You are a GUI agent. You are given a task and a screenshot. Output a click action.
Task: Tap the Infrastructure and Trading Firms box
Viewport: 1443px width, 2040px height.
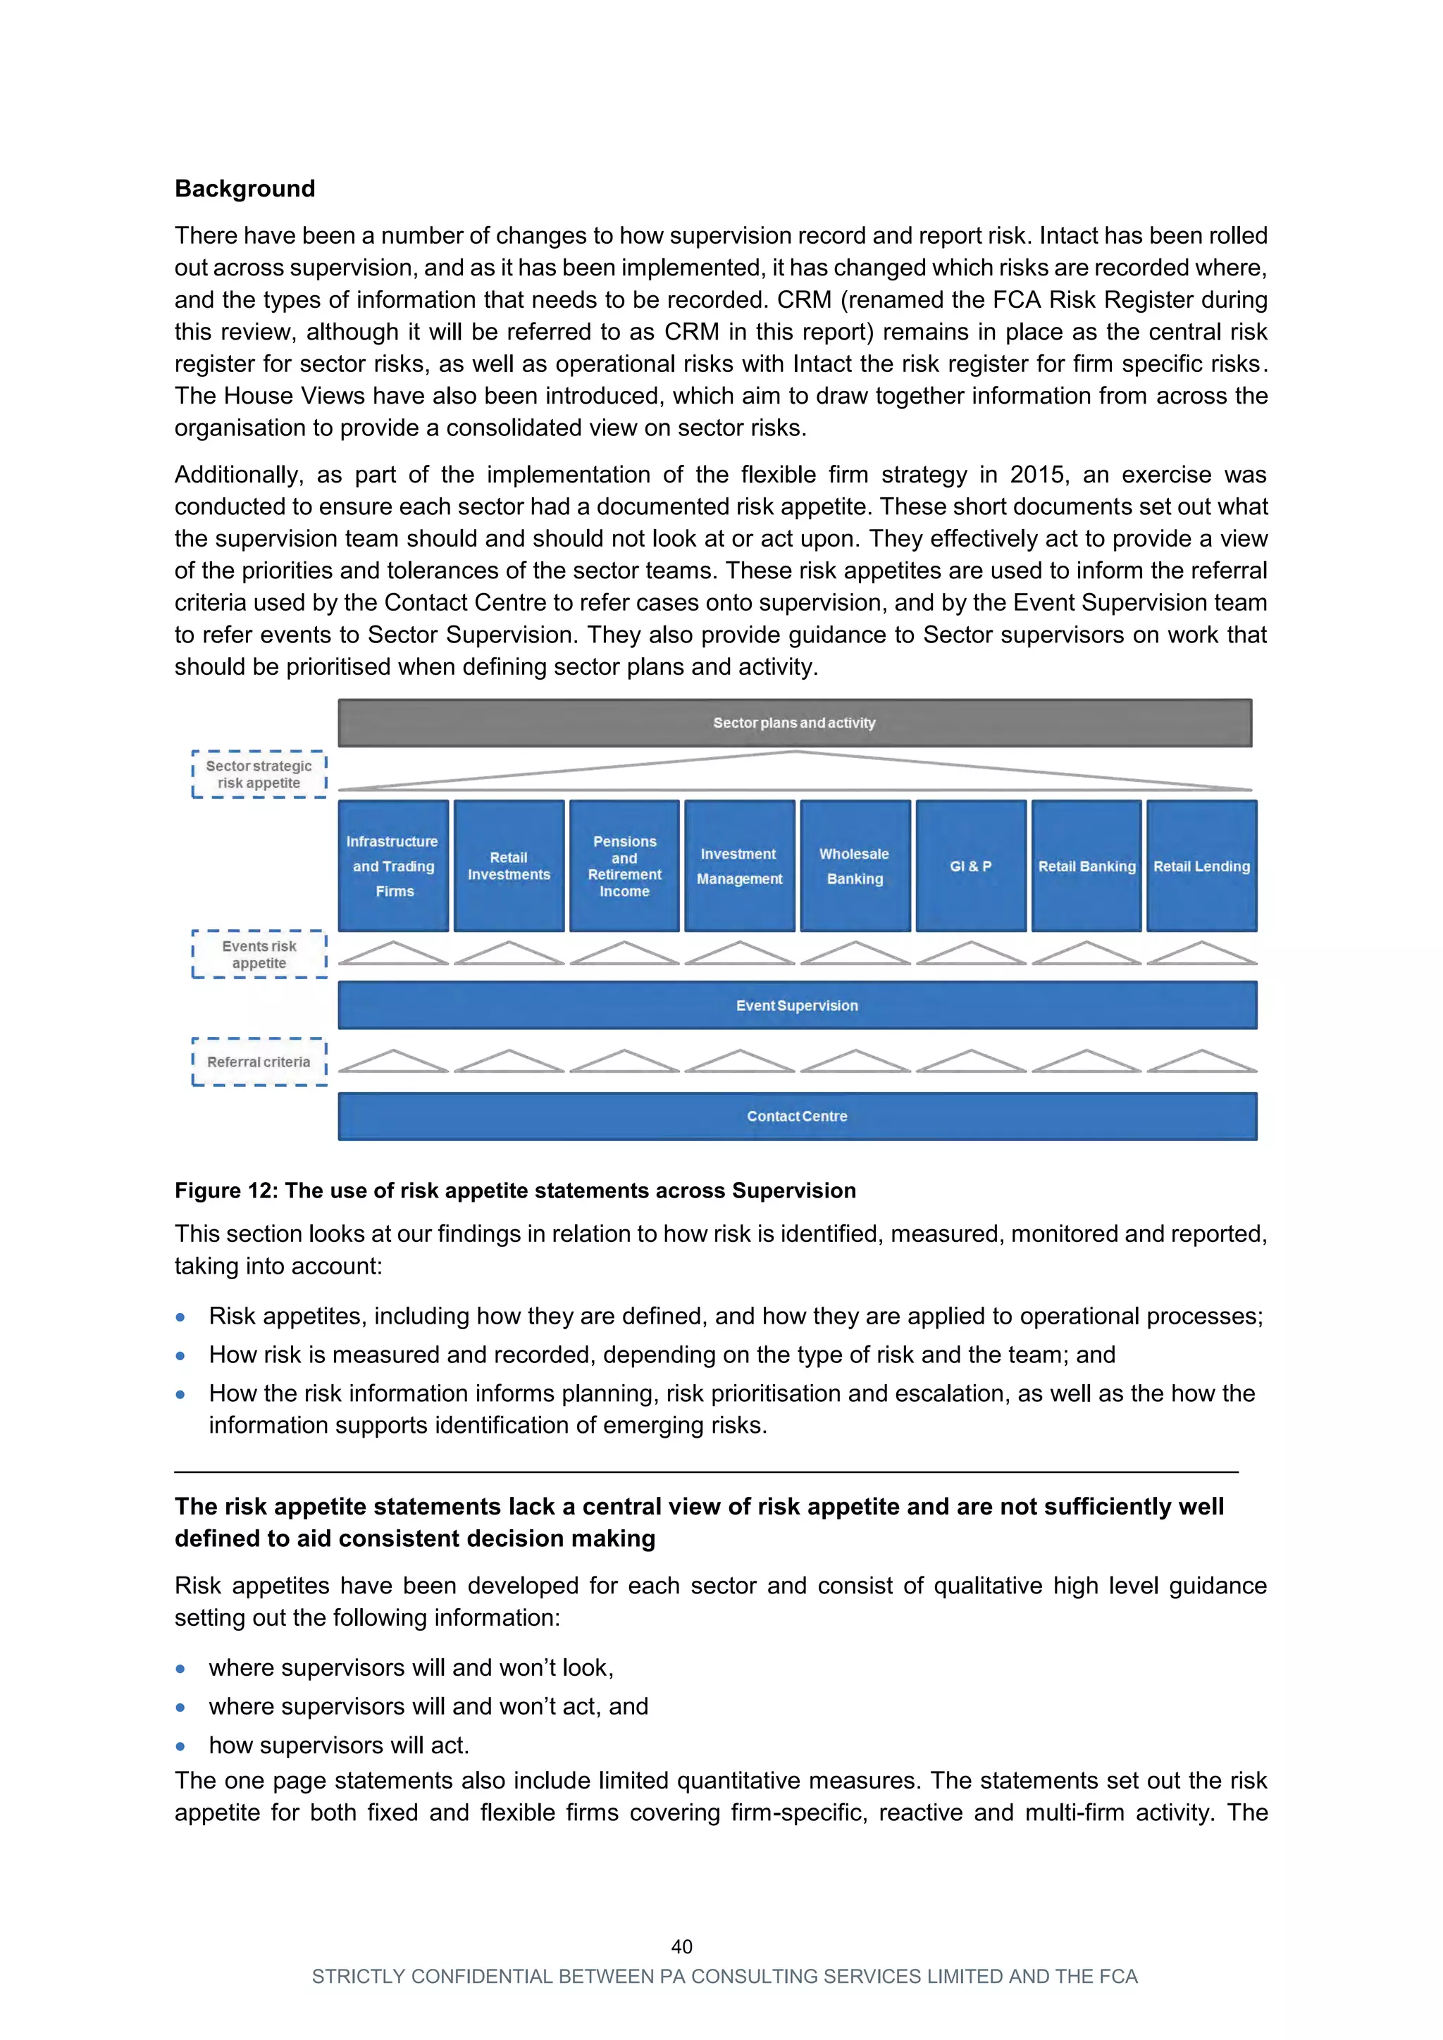pos(392,866)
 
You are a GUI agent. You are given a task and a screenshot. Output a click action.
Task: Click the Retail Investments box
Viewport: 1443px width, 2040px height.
pos(508,866)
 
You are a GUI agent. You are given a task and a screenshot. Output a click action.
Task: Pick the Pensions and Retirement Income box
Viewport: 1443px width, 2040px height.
pos(624,866)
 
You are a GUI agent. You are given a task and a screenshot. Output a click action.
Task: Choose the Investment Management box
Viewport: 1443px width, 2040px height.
pos(739,866)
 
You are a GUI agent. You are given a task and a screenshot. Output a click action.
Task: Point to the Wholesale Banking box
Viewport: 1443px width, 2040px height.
pos(855,866)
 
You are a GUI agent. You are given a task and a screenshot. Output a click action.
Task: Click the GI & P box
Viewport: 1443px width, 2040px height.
pos(970,866)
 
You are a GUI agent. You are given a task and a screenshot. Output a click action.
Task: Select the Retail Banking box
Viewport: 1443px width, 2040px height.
pos(1086,866)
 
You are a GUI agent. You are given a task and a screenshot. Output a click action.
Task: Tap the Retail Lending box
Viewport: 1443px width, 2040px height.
pos(1201,866)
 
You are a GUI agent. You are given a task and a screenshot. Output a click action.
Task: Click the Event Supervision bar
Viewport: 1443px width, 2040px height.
pos(797,1006)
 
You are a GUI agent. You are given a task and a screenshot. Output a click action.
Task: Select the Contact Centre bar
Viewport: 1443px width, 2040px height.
pos(797,1117)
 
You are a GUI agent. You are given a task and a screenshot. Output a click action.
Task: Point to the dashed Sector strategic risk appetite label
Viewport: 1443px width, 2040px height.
pos(259,775)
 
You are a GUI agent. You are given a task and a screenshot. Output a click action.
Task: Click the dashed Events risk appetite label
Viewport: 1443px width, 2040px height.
pos(259,954)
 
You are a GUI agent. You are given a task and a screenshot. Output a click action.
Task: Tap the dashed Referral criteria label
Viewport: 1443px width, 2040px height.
pos(259,1062)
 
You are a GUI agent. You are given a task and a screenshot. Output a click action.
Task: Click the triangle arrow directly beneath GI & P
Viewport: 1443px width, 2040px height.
pos(970,953)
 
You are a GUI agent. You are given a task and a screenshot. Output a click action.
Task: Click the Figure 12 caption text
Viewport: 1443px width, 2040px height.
pos(514,1190)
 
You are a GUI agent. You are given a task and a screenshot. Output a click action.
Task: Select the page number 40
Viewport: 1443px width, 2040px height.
pos(681,1947)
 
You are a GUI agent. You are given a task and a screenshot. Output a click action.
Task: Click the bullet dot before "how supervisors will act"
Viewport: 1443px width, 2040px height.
pos(180,1746)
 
